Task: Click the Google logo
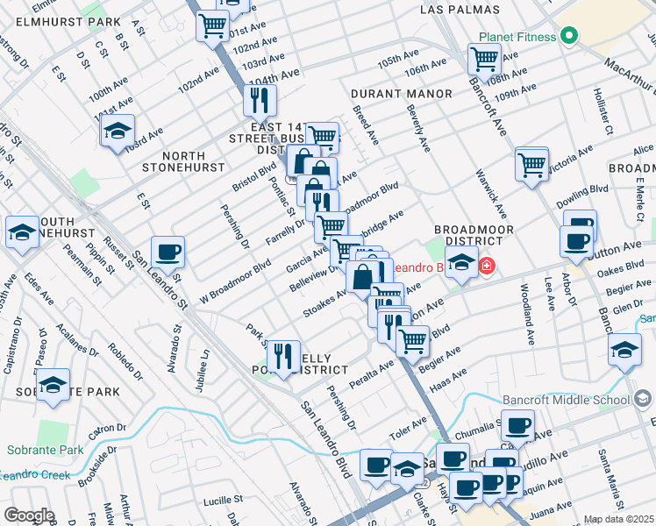click(x=29, y=515)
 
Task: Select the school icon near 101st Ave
click(x=118, y=131)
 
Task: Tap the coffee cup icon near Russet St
click(x=168, y=252)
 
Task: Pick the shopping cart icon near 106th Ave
click(x=484, y=60)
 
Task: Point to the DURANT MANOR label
click(x=402, y=94)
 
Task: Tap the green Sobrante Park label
click(x=45, y=451)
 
